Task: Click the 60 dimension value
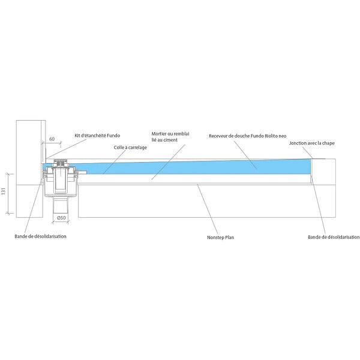[52, 139]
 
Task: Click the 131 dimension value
[4, 191]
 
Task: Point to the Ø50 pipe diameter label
[61, 218]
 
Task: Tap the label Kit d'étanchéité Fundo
[97, 136]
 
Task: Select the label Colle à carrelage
[130, 148]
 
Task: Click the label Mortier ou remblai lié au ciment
[170, 137]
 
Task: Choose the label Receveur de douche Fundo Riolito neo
[247, 136]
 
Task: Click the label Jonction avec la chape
[312, 143]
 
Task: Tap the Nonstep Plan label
[220, 238]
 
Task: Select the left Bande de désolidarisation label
[40, 236]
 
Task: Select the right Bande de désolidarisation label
[334, 237]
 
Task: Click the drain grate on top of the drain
[61, 160]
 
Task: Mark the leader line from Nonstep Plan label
[208, 209]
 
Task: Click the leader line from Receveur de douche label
[245, 155]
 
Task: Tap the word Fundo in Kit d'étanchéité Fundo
[113, 136]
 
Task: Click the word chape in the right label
[329, 143]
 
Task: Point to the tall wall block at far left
[29, 169]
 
